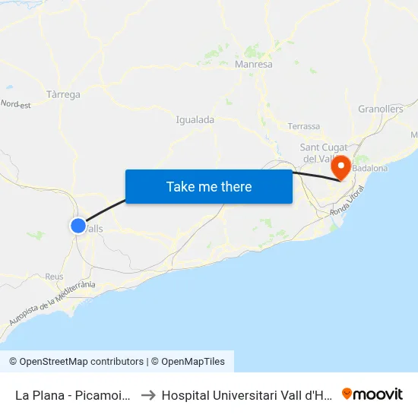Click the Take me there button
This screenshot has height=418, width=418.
coord(209,186)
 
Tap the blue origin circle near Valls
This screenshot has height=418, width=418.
coord(78,225)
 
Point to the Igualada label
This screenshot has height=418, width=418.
coord(195,119)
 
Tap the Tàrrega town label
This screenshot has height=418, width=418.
coord(63,94)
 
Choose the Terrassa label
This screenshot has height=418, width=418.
coord(304,126)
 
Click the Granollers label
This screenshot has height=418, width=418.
coord(380,109)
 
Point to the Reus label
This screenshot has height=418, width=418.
coord(54,277)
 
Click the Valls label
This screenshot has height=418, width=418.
coord(94,228)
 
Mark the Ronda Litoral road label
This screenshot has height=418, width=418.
coord(347,203)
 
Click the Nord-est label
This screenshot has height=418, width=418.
coord(15,104)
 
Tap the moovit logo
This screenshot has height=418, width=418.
coord(372,394)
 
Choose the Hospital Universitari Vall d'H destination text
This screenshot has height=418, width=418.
coord(247,395)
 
